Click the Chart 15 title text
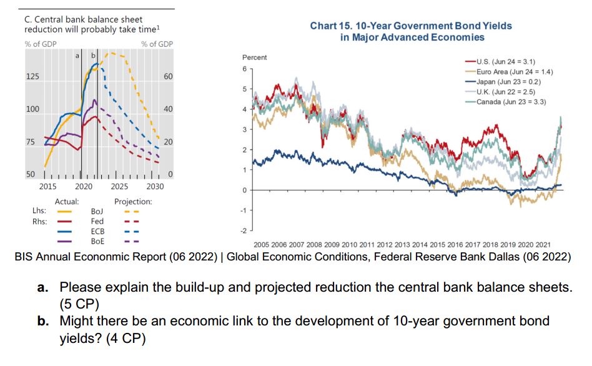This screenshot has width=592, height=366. pyautogui.click(x=410, y=31)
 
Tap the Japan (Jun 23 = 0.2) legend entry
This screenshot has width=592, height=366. pyautogui.click(x=508, y=82)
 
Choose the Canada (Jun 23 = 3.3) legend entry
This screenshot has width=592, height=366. pyautogui.click(x=510, y=102)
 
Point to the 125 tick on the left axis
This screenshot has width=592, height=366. pyautogui.click(x=31, y=76)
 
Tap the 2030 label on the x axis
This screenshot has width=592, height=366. pyautogui.click(x=155, y=186)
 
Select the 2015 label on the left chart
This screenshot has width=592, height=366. pyautogui.click(x=48, y=186)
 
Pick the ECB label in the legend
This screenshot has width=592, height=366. pyautogui.click(x=97, y=231)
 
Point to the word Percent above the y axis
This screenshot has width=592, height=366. pyautogui.click(x=254, y=57)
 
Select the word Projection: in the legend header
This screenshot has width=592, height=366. pyautogui.click(x=133, y=202)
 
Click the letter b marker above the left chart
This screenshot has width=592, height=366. pyautogui.click(x=94, y=56)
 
